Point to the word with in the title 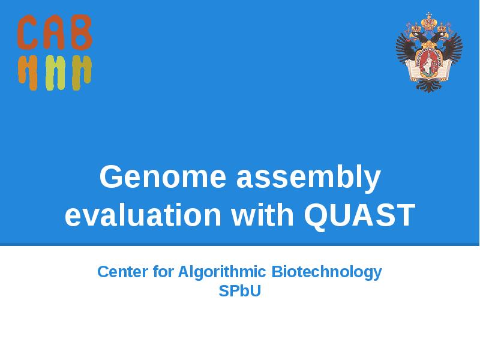coord(263,215)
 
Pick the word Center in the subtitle coord(123,272)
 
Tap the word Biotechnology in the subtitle coord(327,272)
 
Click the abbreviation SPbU coord(240,292)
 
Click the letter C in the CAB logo coord(28,33)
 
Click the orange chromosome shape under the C coord(28,72)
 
